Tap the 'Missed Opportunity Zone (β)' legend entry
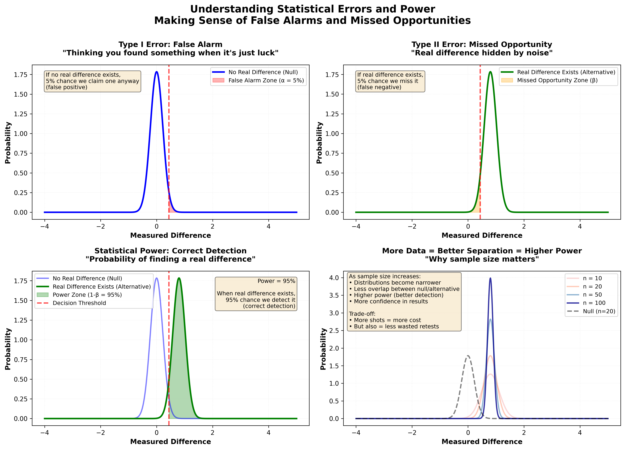point(557,81)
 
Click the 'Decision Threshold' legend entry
point(79,303)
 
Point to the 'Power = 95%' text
point(276,281)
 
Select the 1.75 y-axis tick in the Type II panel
point(332,75)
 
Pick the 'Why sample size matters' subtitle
point(482,259)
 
